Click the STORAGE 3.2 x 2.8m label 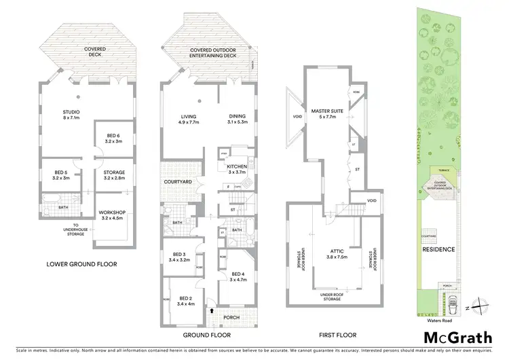pyautogui.click(x=113, y=175)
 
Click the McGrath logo pyautogui.click(x=458, y=338)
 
